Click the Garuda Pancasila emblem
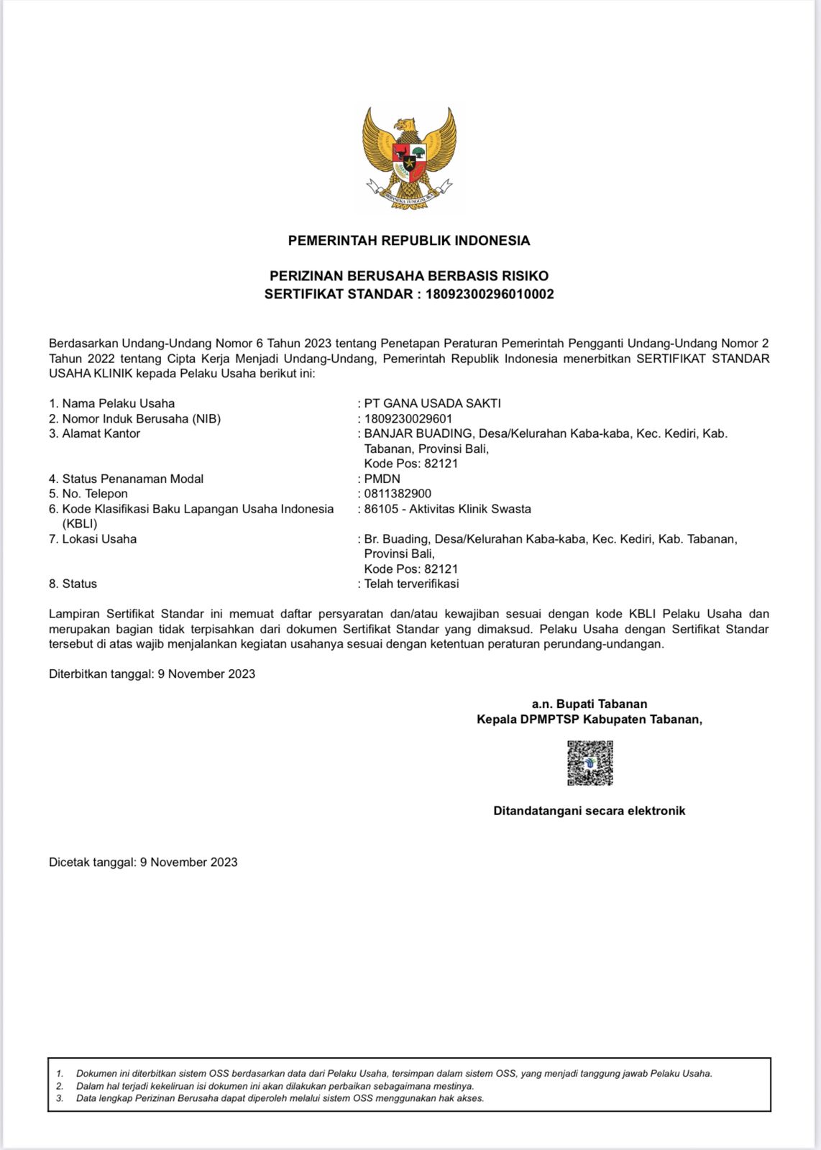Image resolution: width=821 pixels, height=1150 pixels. click(x=409, y=158)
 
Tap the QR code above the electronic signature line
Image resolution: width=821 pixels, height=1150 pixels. click(x=590, y=763)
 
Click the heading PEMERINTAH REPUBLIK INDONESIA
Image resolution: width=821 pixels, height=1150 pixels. click(x=409, y=241)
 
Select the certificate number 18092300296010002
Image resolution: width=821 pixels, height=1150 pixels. click(x=490, y=294)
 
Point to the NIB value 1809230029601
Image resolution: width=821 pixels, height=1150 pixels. click(x=408, y=418)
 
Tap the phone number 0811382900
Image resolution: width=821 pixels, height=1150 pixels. click(x=398, y=494)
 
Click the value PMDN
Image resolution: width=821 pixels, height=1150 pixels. click(x=382, y=479)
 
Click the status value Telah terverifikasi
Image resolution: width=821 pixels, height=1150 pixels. click(x=411, y=584)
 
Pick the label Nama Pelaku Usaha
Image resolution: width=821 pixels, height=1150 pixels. click(x=118, y=403)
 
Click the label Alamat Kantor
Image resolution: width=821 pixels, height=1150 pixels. click(x=101, y=433)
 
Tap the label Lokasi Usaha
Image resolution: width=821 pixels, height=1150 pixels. click(x=99, y=539)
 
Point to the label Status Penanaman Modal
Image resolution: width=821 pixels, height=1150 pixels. click(x=132, y=479)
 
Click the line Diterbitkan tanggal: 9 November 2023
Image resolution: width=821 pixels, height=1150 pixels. click(x=152, y=674)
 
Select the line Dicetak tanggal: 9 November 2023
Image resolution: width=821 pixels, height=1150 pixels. click(x=143, y=862)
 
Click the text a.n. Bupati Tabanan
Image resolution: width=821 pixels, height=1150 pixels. click(x=590, y=704)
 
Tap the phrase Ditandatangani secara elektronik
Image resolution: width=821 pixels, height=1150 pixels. click(x=590, y=811)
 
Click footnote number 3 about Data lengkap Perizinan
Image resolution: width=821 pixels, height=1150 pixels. click(x=280, y=1098)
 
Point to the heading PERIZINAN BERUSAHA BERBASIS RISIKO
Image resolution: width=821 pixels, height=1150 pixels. click(x=409, y=276)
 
